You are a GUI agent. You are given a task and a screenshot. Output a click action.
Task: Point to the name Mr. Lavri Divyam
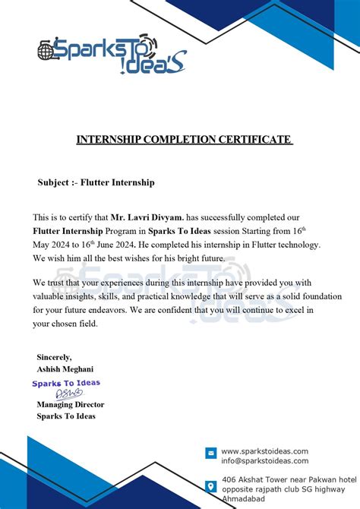pyautogui.click(x=142, y=217)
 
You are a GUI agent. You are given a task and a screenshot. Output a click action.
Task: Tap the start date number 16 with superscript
pyautogui.click(x=298, y=230)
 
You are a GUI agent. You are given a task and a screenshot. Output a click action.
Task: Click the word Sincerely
pyautogui.click(x=54, y=356)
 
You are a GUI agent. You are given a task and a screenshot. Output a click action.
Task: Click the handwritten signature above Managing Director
pyautogui.click(x=68, y=394)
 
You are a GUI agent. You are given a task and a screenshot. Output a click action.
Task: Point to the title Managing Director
pyautogui.click(x=71, y=404)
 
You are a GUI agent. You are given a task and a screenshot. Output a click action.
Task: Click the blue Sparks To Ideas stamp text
pyautogui.click(x=65, y=384)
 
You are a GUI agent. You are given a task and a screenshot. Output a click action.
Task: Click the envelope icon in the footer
pyautogui.click(x=211, y=454)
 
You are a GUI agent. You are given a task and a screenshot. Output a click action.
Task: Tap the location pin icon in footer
pyautogui.click(x=211, y=485)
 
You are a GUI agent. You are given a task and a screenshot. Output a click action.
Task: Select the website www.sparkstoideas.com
pyautogui.click(x=264, y=451)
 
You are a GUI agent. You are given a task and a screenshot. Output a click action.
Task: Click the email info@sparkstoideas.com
pyautogui.click(x=264, y=460)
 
